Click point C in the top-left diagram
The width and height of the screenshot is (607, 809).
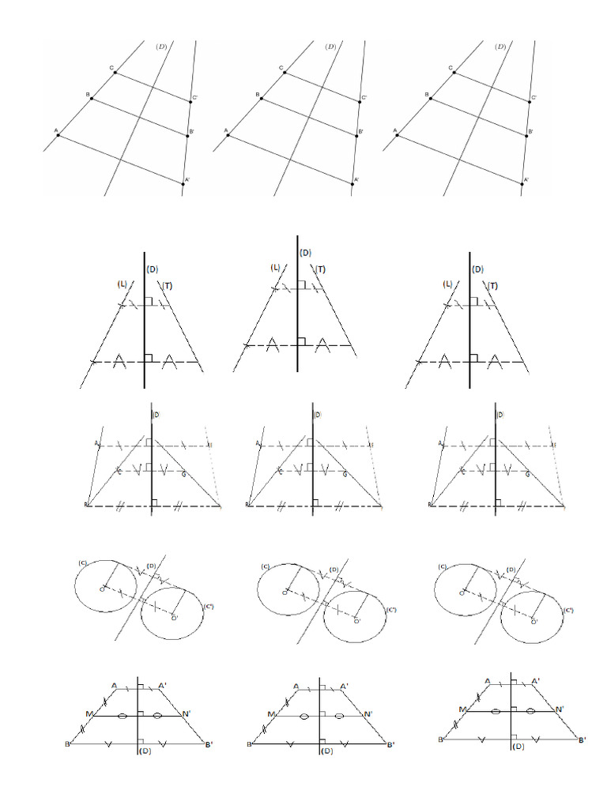(x=115, y=73)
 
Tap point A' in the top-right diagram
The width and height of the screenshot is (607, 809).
(x=523, y=182)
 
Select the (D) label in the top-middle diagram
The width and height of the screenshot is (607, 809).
(x=330, y=47)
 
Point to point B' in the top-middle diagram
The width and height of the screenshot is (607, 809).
(x=356, y=135)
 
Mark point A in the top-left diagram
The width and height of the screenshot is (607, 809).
(x=58, y=135)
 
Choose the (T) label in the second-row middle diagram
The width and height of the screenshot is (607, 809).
(x=321, y=269)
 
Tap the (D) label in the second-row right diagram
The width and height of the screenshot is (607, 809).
(x=478, y=269)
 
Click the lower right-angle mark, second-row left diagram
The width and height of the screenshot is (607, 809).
(x=148, y=358)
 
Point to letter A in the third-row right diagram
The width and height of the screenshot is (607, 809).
(x=439, y=444)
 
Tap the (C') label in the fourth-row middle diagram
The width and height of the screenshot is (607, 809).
(x=391, y=610)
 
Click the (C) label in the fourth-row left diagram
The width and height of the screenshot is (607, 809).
(x=82, y=563)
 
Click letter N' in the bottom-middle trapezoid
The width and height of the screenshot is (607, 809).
(x=368, y=714)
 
